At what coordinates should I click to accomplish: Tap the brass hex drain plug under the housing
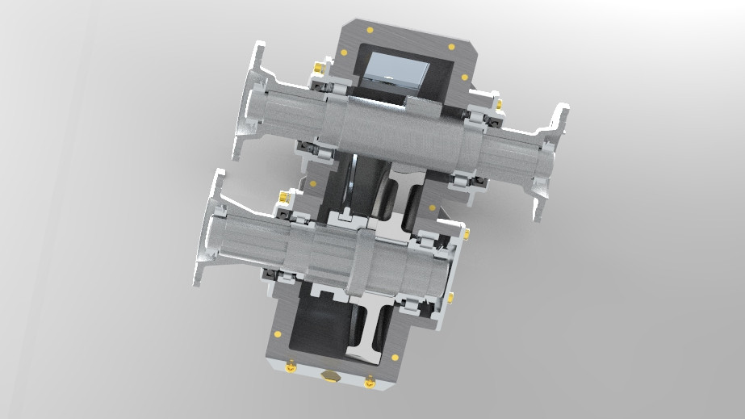click(329, 375)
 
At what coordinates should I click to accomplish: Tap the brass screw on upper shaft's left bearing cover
click(317, 65)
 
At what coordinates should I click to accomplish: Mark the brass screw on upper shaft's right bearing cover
click(498, 104)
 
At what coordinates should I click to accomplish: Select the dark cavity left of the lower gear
click(319, 323)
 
